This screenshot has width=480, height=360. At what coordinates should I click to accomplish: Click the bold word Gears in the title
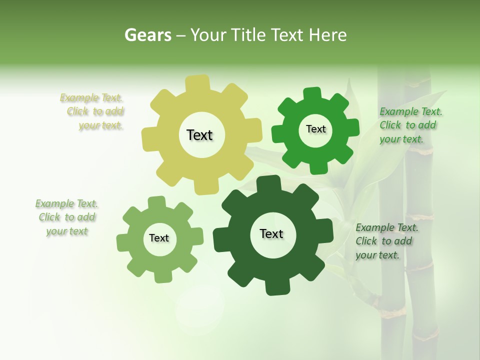click(147, 35)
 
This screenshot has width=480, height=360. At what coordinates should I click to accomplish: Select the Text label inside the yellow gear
click(199, 135)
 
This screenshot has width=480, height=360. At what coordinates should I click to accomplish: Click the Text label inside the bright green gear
click(315, 129)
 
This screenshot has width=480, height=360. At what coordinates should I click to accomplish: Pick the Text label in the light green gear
click(159, 238)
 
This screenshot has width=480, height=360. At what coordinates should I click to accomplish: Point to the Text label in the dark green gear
click(271, 233)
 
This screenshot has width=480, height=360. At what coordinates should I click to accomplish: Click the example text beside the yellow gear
click(92, 111)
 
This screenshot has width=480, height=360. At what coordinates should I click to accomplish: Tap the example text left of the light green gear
click(66, 217)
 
